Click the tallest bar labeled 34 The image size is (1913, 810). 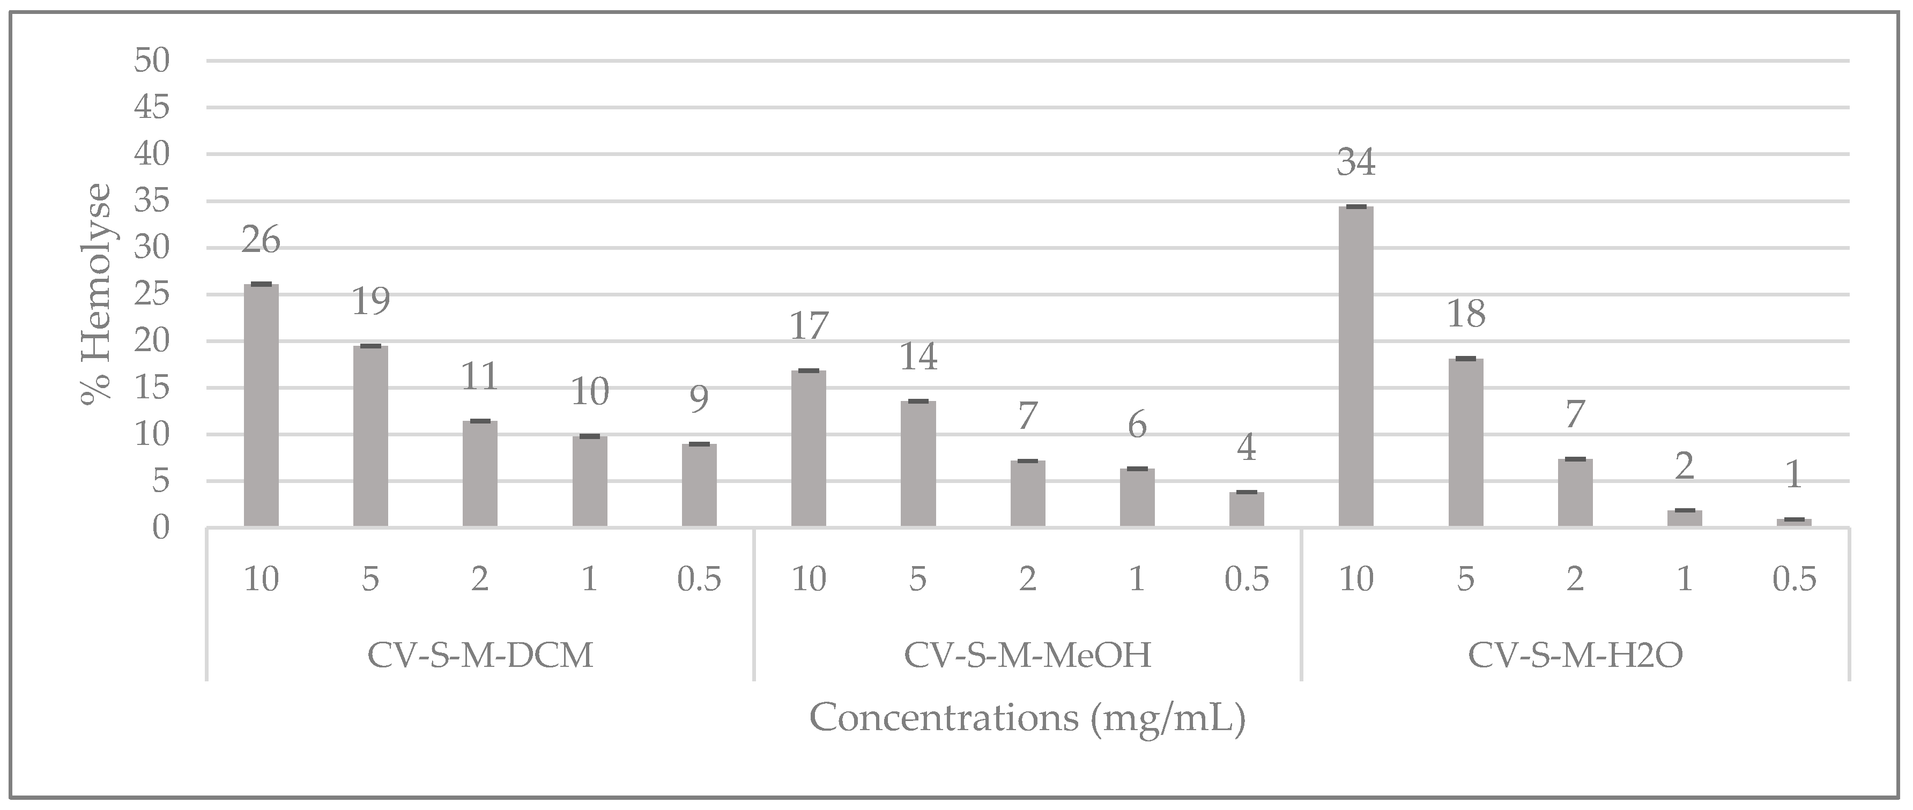[1355, 368]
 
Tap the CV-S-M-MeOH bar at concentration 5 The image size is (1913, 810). [918, 464]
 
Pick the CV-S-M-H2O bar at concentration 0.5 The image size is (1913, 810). [1793, 523]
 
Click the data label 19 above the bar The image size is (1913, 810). [370, 301]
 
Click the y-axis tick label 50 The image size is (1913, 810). [152, 61]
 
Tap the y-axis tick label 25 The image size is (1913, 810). [152, 295]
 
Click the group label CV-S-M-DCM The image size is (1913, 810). [480, 656]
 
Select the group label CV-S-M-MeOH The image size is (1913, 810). [1027, 656]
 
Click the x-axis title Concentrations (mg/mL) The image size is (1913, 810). [1027, 718]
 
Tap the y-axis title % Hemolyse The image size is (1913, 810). [97, 295]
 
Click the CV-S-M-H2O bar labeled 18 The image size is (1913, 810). [1465, 443]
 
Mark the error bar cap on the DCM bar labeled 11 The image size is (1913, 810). [480, 421]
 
